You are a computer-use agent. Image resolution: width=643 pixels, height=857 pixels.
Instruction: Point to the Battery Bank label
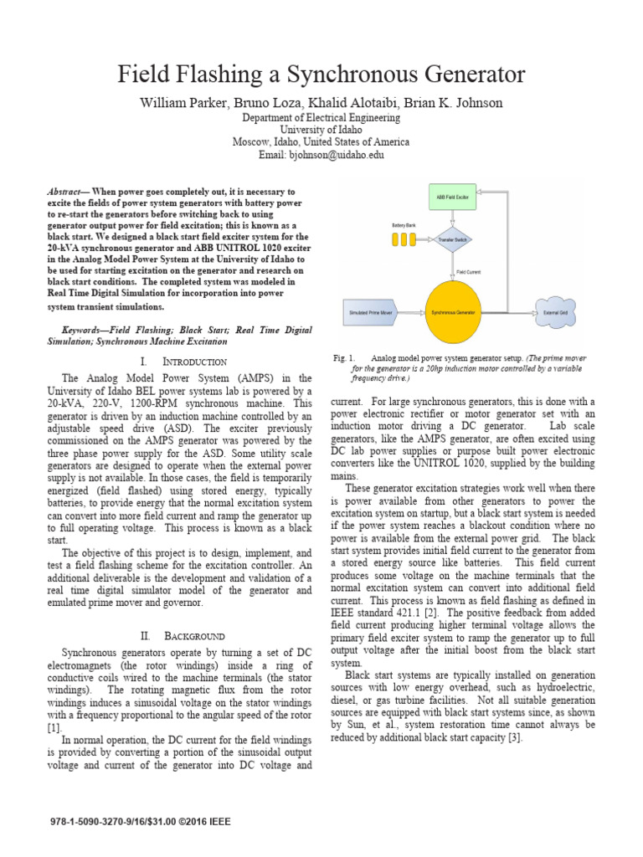(404, 226)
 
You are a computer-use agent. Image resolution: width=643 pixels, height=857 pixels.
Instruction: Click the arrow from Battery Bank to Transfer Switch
(427, 239)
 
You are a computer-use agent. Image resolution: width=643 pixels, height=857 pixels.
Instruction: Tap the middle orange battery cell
(404, 239)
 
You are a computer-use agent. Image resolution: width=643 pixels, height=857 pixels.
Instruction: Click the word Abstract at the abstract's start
(67, 192)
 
